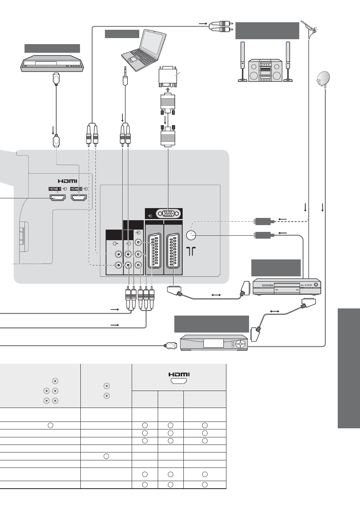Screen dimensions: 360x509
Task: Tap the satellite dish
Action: pos(323,79)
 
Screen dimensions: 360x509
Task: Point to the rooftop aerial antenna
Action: pos(309,28)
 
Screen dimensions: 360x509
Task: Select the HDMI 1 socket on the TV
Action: pos(57,198)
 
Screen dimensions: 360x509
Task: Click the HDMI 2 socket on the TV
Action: pos(79,198)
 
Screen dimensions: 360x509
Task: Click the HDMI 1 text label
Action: pos(55,189)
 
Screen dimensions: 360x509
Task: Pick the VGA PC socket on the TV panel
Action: pos(168,214)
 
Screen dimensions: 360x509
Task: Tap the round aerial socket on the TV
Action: pos(191,235)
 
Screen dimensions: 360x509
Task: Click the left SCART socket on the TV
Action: pos(155,251)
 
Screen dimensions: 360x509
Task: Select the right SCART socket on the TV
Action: pos(173,251)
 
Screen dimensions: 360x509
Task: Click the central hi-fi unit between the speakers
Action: pos(265,71)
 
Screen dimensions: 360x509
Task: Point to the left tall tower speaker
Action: pos(243,61)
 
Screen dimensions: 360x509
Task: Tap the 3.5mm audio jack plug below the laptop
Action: pos(125,76)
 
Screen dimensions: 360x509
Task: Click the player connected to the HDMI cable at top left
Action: pos(52,63)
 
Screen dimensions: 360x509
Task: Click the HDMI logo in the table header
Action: pos(179,374)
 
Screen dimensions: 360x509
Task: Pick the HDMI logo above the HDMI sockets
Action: pos(67,181)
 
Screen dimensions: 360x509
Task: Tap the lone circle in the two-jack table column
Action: pos(106,456)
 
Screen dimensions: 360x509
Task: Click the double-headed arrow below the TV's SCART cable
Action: pos(216,295)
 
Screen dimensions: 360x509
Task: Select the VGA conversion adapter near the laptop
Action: pos(168,76)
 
